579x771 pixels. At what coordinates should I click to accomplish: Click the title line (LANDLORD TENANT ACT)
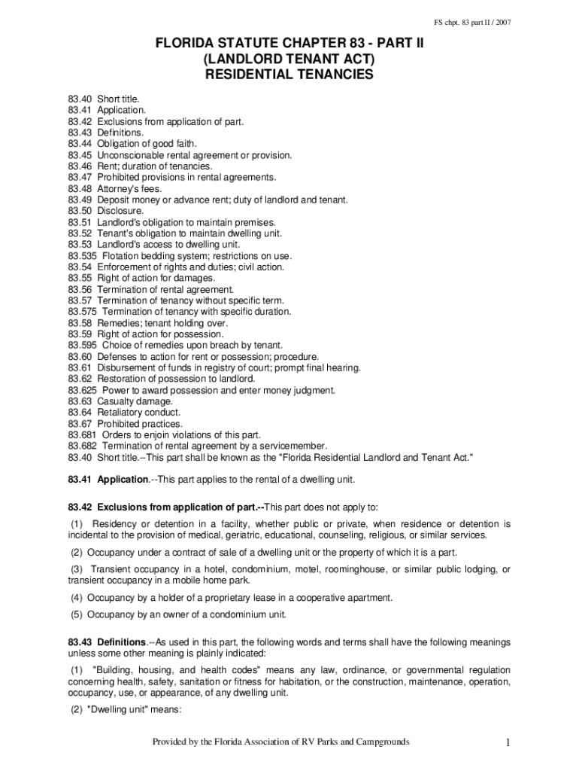[289, 59]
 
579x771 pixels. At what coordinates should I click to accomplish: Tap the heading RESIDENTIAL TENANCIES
[289, 75]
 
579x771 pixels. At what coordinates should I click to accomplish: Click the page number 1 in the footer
[508, 743]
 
